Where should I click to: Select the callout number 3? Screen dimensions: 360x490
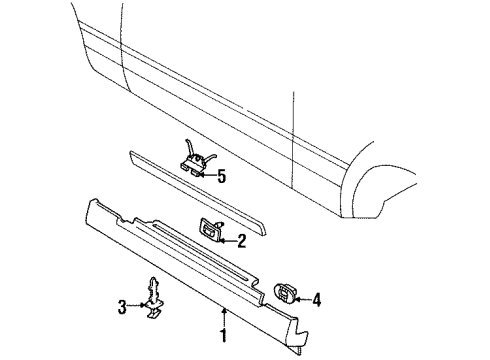coord(123,307)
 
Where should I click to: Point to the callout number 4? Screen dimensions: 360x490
coord(317,297)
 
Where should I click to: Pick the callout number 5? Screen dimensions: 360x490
coord(221,176)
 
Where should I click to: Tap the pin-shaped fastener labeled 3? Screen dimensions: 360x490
coord(151,300)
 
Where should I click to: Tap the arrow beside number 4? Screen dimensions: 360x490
coord(304,297)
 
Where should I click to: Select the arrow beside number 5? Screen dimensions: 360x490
coord(208,176)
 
